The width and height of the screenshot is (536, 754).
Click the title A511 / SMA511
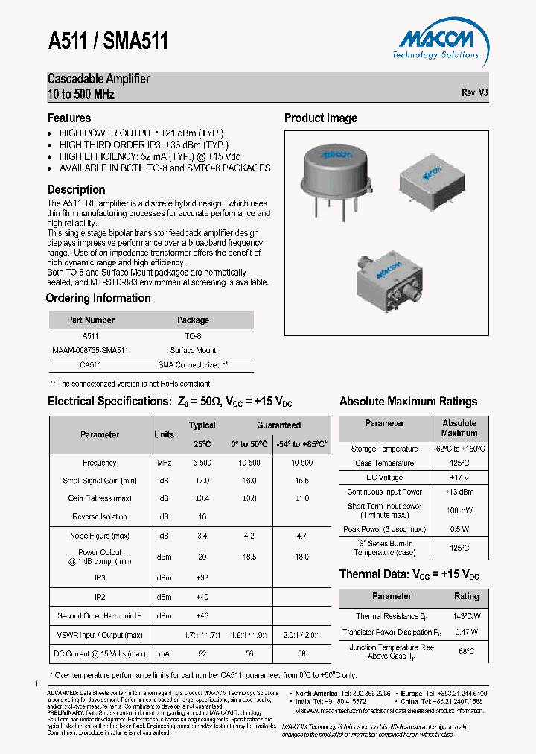pyautogui.click(x=108, y=41)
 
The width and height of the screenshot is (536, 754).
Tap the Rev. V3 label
pyautogui.click(x=474, y=93)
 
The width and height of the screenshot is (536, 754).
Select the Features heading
pyautogui.click(x=69, y=118)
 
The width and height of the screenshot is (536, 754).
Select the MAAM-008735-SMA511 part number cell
pyautogui.click(x=91, y=350)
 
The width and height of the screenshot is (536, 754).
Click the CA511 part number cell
pyautogui.click(x=91, y=365)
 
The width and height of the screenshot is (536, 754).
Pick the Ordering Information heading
pyautogui.click(x=98, y=298)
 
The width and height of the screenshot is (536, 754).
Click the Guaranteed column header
pyautogui.click(x=278, y=425)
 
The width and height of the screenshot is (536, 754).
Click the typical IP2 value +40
pyautogui.click(x=202, y=598)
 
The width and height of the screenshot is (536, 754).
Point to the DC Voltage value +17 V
pyautogui.click(x=459, y=478)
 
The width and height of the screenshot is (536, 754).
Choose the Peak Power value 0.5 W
pyautogui.click(x=459, y=530)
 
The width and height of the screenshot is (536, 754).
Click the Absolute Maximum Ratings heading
pyautogui.click(x=408, y=402)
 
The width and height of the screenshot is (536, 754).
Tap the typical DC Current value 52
pyautogui.click(x=202, y=653)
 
